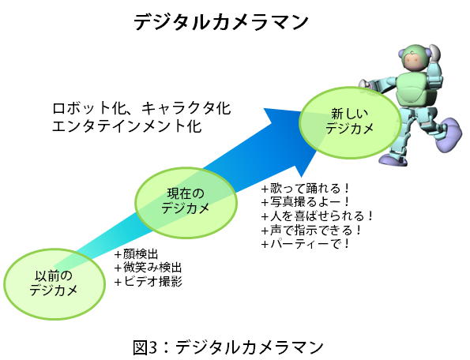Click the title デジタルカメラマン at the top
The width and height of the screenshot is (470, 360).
[221, 22]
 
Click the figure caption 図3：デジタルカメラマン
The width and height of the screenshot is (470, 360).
[227, 347]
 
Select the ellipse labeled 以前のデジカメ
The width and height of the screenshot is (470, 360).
[55, 283]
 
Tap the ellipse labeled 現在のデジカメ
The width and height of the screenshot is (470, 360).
[186, 203]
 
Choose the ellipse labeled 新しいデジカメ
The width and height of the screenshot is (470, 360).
[350, 122]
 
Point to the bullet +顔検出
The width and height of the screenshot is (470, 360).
[137, 254]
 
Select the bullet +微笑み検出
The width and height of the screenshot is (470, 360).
[149, 268]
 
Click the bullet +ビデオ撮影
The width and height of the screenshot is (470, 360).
[149, 282]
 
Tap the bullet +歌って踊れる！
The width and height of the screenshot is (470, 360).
[306, 189]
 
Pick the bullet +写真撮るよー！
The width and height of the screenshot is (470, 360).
[306, 202]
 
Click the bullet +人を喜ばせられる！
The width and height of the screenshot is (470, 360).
[318, 216]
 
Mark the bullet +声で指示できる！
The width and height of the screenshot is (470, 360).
[312, 230]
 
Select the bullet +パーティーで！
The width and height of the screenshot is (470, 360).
[306, 244]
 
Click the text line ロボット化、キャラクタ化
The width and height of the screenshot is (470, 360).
[141, 108]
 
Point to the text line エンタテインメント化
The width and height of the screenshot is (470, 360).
[127, 126]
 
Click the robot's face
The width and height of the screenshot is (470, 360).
[415, 62]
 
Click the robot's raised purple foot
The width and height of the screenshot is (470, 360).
[449, 134]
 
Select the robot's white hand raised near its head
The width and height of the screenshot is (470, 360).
[434, 53]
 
